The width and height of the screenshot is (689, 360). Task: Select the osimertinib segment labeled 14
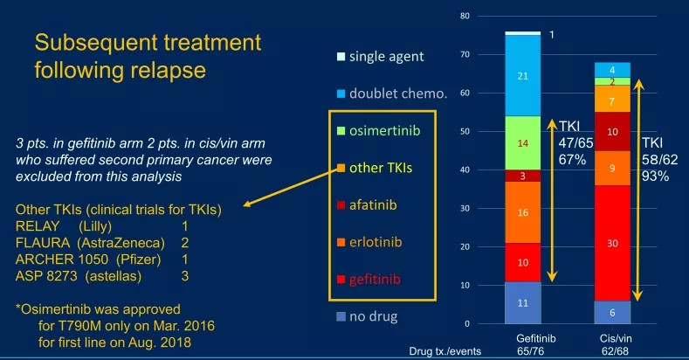[523, 142]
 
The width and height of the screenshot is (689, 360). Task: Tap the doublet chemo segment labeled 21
[523, 76]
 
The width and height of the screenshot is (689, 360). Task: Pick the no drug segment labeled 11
[523, 302]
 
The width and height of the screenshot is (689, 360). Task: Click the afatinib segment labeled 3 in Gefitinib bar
[523, 176]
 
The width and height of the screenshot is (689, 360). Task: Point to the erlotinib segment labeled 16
[523, 212]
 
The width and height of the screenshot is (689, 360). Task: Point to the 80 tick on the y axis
[465, 16]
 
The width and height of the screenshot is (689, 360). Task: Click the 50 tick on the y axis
[465, 131]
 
